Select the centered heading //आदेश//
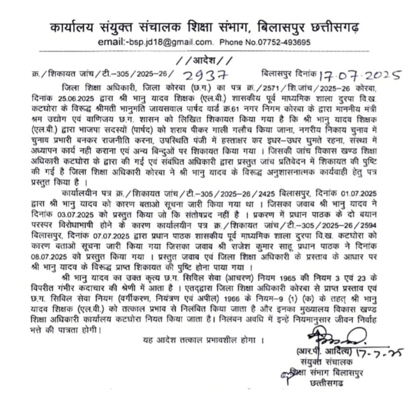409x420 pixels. pos(204,61)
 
